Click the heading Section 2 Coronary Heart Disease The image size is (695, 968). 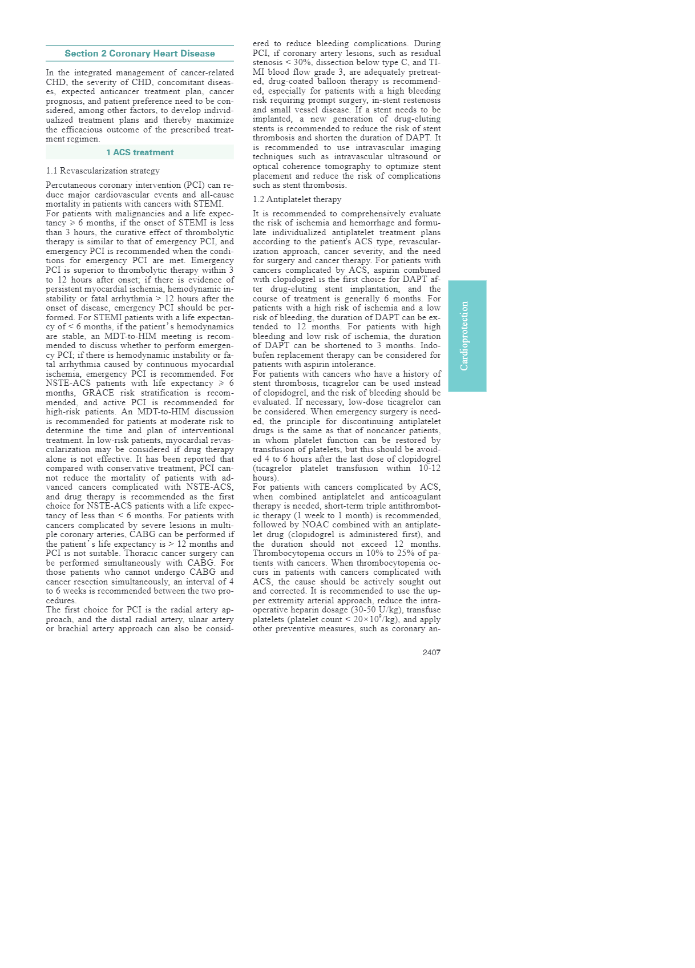[140, 54]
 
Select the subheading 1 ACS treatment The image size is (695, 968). [140, 152]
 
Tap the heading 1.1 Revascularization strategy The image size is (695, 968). [103, 171]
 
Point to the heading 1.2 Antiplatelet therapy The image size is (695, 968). [297, 199]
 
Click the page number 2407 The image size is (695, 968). [431, 652]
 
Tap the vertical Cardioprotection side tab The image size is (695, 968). [467, 336]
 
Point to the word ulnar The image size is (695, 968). [200, 619]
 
